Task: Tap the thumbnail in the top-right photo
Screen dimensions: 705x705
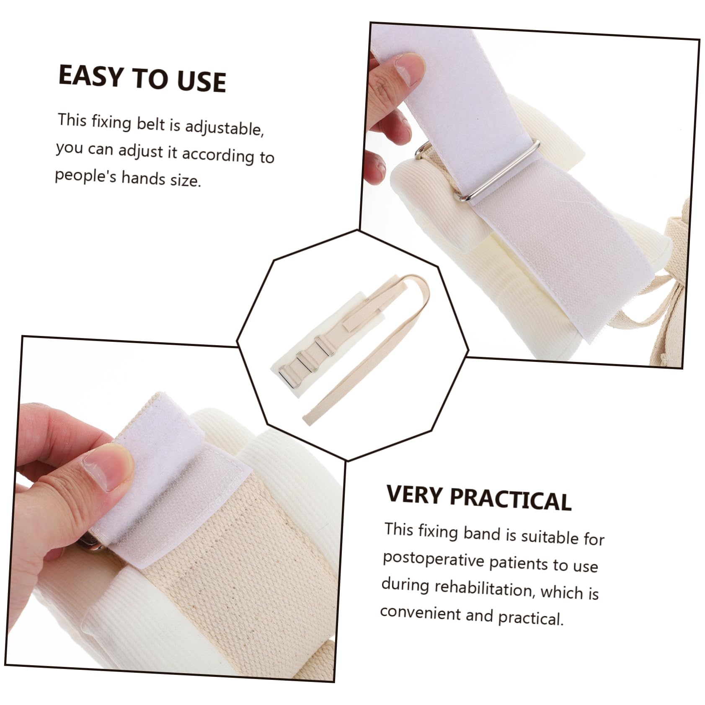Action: (408, 66)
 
